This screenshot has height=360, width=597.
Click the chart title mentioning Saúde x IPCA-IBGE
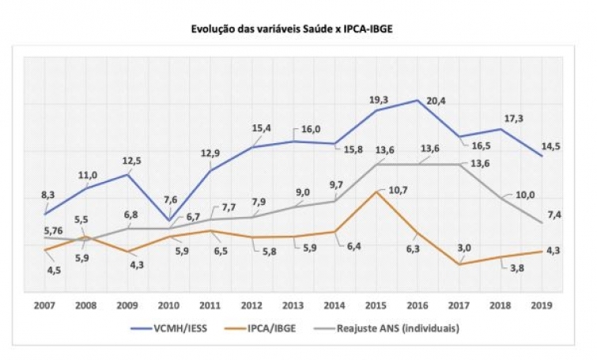(298, 29)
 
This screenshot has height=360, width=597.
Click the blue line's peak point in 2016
(418, 100)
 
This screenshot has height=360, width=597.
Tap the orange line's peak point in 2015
(376, 192)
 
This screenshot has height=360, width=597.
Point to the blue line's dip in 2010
(169, 220)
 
